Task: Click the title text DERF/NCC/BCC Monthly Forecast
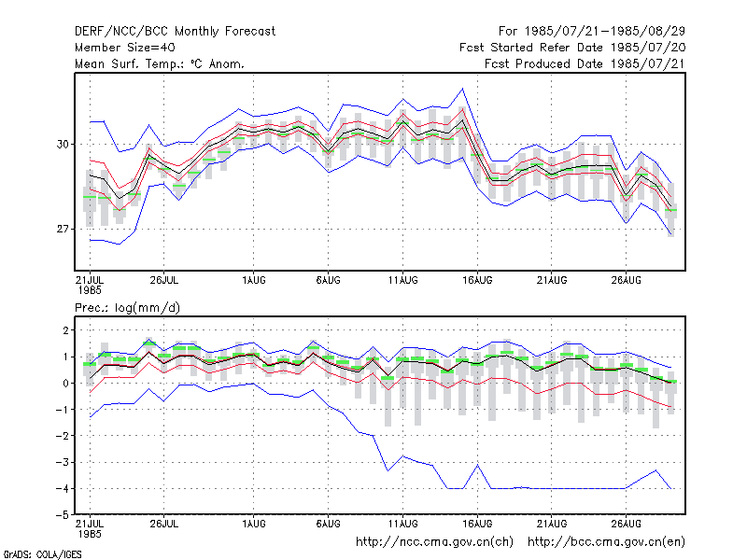click(x=175, y=32)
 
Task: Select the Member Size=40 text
click(x=125, y=48)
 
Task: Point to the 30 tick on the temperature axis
click(x=63, y=144)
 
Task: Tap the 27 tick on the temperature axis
click(x=63, y=229)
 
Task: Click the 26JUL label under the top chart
click(x=164, y=280)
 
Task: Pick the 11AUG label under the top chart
click(x=403, y=280)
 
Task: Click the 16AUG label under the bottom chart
click(x=477, y=524)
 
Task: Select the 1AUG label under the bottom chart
click(x=253, y=524)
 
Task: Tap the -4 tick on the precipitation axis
click(x=63, y=488)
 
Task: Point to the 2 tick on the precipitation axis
click(x=65, y=330)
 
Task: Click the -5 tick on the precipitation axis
click(x=63, y=515)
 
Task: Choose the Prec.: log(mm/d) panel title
click(x=127, y=308)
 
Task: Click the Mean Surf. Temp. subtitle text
click(x=160, y=63)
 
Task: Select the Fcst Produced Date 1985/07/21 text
click(x=585, y=63)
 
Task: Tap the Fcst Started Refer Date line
click(x=572, y=48)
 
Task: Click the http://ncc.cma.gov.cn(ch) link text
click(x=434, y=542)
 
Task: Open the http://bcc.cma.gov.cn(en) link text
click(x=606, y=542)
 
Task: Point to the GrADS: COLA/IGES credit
click(x=42, y=554)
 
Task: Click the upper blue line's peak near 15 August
click(x=462, y=89)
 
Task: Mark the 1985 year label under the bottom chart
click(x=90, y=534)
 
